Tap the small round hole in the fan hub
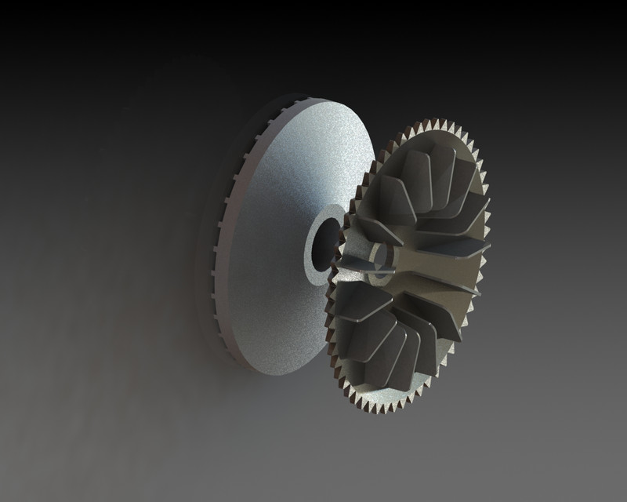tap(382, 256)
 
